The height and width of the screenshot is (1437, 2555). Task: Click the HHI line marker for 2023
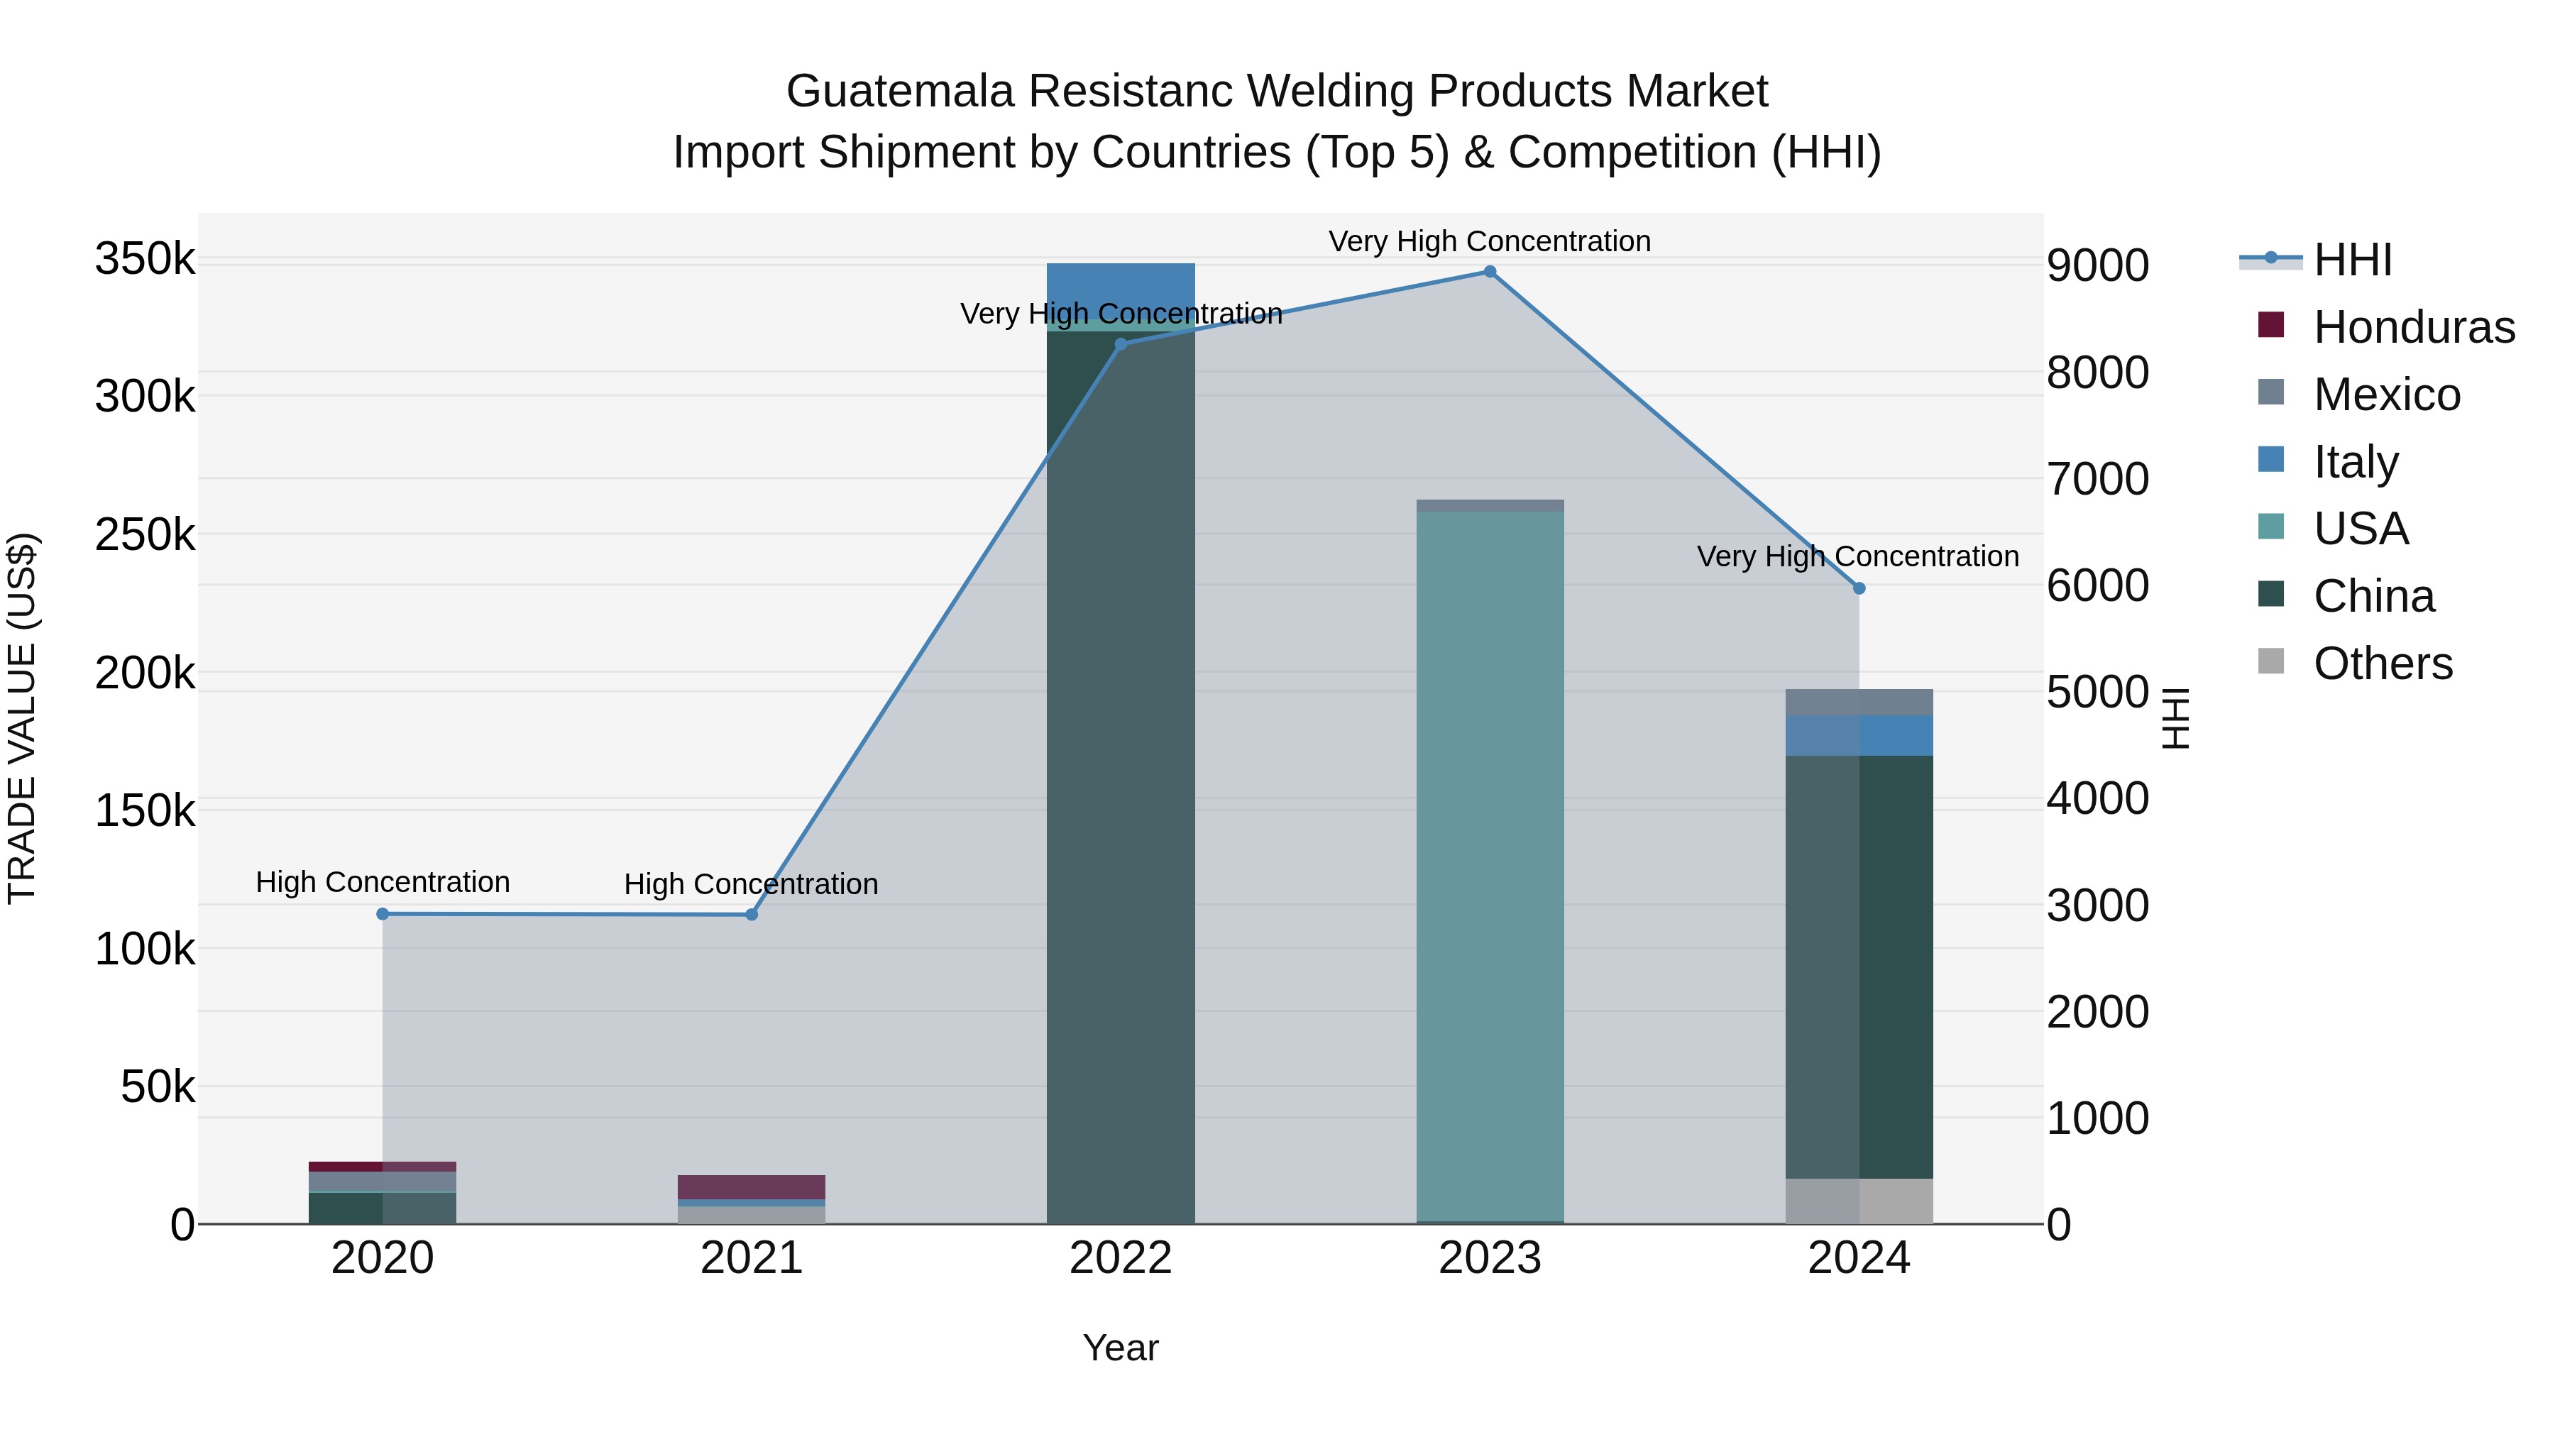coord(1489,272)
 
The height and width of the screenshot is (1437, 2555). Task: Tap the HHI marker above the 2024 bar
coord(1859,588)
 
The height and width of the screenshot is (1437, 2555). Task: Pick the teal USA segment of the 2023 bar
coord(1489,863)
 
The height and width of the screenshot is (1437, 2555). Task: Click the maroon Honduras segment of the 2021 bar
coord(751,1187)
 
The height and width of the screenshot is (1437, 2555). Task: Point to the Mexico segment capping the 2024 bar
coord(1859,702)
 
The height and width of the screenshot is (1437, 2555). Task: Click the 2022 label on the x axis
coord(1121,1258)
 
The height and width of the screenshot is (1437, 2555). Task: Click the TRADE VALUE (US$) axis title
coord(22,718)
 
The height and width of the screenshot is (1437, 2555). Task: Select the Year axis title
coord(1121,1348)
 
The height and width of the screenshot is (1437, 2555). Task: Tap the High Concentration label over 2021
coord(751,883)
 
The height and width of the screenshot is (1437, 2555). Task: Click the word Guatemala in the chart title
coord(900,92)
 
